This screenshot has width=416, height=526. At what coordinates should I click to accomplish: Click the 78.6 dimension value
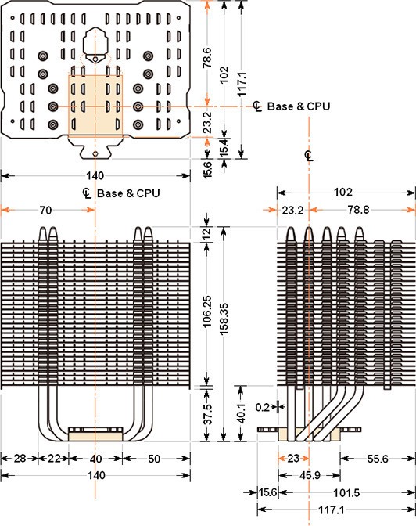[206, 58]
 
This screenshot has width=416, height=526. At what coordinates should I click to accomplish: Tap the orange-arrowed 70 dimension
[45, 210]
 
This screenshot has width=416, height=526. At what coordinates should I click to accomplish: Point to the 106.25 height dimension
[206, 312]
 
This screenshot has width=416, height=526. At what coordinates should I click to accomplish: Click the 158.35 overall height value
[224, 319]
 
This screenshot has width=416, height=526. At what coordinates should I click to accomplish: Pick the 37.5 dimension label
[208, 414]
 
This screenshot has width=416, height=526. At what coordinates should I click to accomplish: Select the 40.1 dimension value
[241, 413]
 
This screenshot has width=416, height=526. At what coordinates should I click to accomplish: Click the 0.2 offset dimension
[263, 407]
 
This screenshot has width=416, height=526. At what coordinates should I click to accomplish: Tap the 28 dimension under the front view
[20, 458]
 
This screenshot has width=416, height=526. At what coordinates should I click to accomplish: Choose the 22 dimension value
[54, 458]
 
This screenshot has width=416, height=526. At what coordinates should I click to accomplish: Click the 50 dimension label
[154, 458]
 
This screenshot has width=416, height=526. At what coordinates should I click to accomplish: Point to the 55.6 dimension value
[378, 459]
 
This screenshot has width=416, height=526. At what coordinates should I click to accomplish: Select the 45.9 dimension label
[310, 475]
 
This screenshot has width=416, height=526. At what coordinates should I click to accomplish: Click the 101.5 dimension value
[346, 493]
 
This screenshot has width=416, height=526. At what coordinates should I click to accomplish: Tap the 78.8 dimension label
[358, 210]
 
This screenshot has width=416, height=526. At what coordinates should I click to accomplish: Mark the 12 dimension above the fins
[207, 232]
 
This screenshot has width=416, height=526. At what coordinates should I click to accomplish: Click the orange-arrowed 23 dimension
[293, 458]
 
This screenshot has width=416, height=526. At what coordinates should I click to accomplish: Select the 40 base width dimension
[95, 458]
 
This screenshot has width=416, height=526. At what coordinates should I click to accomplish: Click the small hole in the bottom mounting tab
[95, 153]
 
